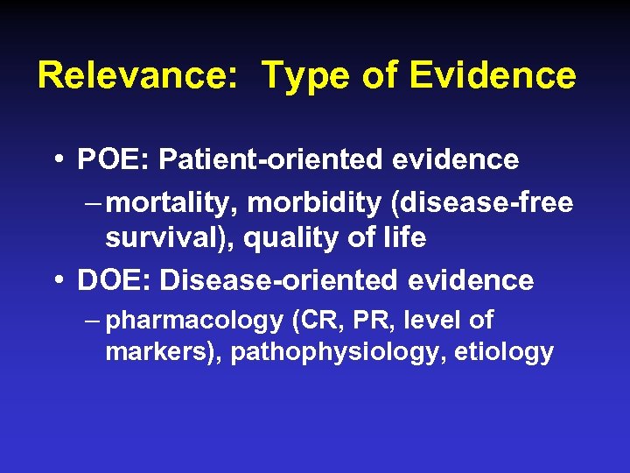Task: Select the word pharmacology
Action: [x=194, y=321]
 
